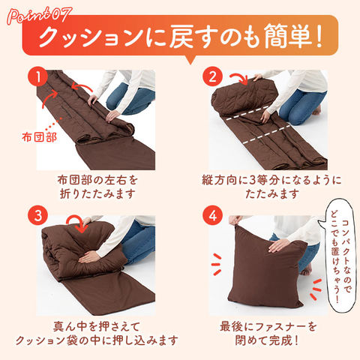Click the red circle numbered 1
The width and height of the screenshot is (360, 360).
(38, 76)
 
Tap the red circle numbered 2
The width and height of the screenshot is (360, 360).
(212, 76)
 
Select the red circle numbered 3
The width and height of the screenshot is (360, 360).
(38, 215)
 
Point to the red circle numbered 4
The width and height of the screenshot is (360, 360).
(212, 215)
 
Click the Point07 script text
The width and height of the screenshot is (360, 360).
(40, 16)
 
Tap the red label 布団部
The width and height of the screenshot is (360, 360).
(40, 137)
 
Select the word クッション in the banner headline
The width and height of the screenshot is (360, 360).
(91, 37)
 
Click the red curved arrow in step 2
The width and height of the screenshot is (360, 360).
(239, 78)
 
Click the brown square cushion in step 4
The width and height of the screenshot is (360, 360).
(265, 268)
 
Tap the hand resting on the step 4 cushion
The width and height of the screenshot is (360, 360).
(279, 245)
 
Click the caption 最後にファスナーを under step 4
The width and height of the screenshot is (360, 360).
(268, 327)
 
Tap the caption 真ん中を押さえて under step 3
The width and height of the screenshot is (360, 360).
(97, 326)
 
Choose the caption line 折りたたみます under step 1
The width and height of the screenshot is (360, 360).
(97, 193)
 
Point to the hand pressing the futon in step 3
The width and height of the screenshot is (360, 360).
(88, 257)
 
